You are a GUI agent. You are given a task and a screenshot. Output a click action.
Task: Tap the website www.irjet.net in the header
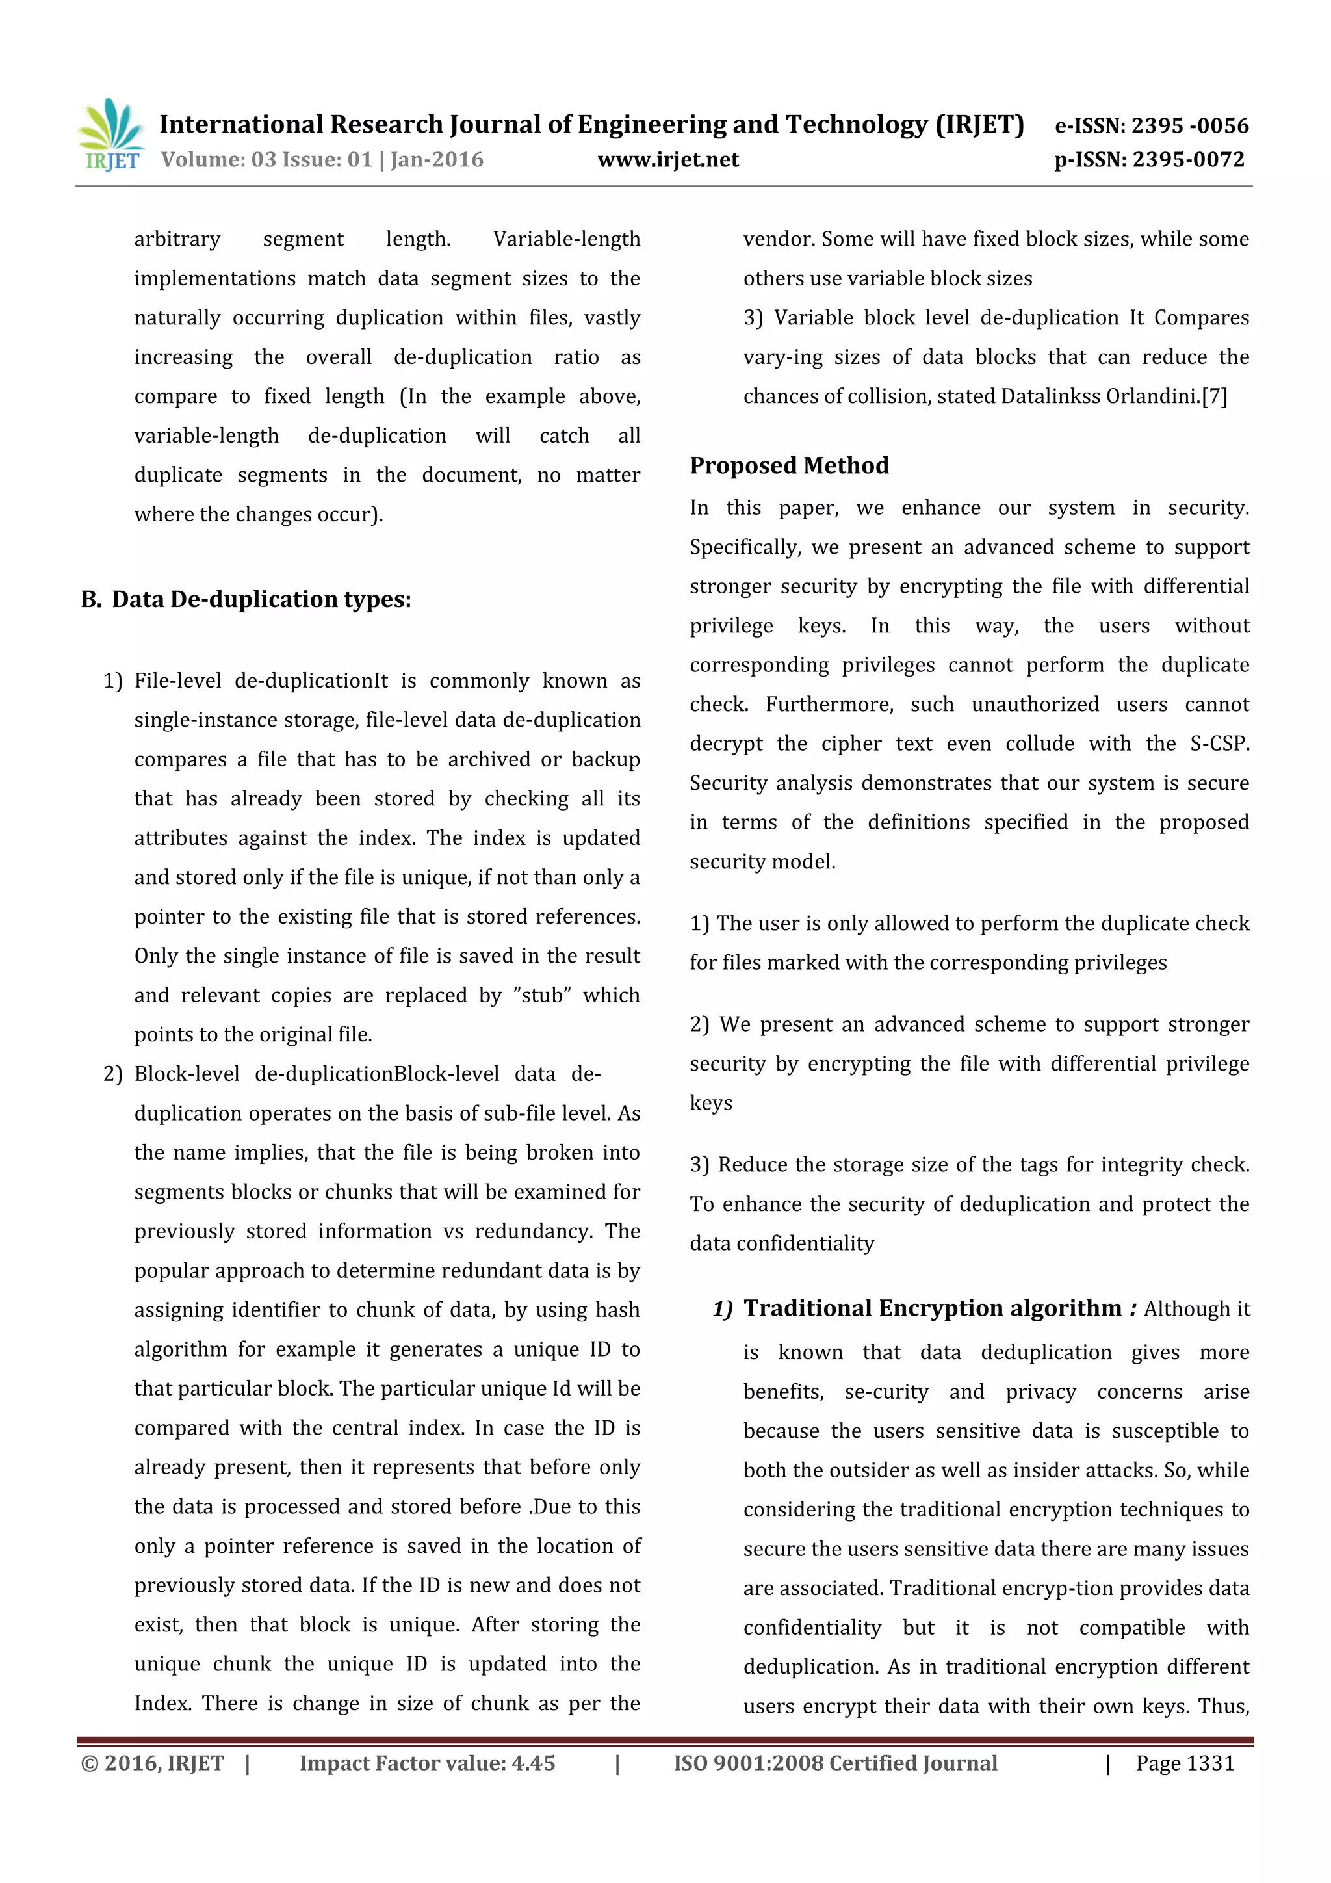667,160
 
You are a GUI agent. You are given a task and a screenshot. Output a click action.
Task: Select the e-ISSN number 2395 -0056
1189,125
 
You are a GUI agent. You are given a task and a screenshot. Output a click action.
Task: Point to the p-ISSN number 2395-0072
1188,160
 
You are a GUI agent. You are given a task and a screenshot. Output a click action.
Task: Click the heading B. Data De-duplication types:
246,599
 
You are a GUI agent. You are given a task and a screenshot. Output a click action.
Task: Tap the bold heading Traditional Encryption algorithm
931,1308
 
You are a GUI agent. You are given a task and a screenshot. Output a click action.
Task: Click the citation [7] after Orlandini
1215,397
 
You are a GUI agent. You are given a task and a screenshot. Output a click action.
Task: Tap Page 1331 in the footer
1184,1763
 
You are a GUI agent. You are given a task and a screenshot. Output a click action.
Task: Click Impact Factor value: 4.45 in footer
427,1763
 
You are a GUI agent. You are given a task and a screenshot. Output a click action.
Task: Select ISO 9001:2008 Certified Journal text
835,1763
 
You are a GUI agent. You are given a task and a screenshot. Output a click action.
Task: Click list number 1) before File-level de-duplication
112,682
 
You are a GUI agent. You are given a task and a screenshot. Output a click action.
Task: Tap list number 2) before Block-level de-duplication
112,1074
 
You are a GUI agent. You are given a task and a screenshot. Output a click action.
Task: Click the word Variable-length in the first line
566,239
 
